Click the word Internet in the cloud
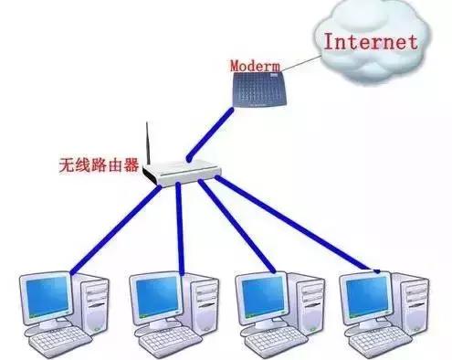[x=371, y=41]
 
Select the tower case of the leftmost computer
[x=90, y=306]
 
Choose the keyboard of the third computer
[x=270, y=344]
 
